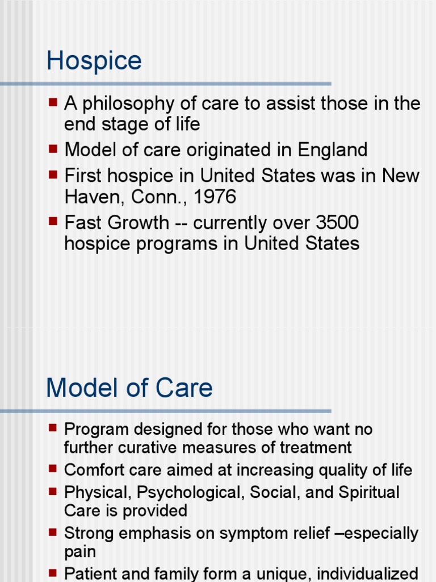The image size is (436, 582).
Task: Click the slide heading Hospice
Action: point(94,61)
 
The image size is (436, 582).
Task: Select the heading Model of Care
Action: point(129,388)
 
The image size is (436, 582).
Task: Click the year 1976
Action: point(214,197)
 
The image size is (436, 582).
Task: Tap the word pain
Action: point(80,552)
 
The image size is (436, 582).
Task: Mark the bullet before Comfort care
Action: point(53,469)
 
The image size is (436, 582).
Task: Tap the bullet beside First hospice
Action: point(53,174)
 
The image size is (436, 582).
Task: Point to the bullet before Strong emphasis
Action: point(53,533)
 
